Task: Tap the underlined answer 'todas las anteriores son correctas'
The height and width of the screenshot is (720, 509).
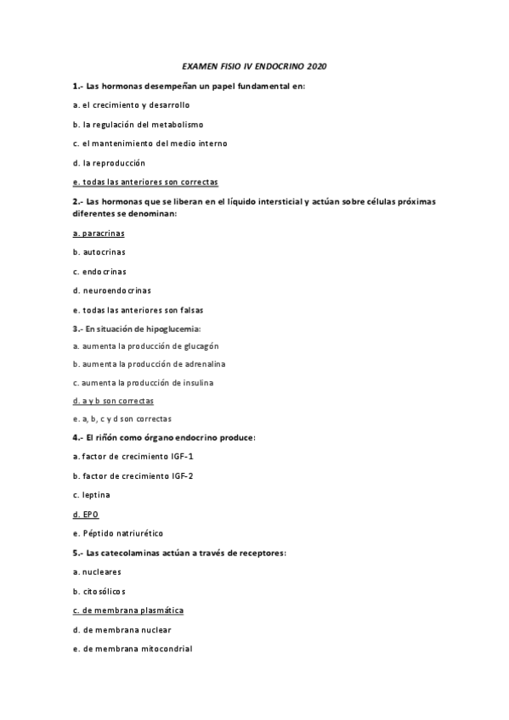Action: (150, 182)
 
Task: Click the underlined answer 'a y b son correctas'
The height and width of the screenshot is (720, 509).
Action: (117, 400)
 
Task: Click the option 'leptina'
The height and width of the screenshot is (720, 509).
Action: (96, 494)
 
